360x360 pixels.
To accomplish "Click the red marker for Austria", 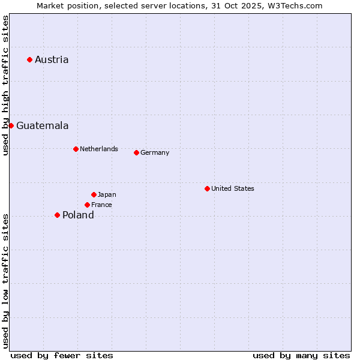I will (29, 59).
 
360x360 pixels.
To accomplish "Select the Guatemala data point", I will (11, 125).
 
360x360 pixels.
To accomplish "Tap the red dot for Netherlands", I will (76, 149).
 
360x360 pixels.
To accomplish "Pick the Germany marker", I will (136, 152).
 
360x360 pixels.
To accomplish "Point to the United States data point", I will (207, 188).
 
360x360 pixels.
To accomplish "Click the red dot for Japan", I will (94, 194).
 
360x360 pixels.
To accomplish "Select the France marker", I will (87, 205).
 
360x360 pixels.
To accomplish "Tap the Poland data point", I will (57, 215).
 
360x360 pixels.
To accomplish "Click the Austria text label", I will (52, 59).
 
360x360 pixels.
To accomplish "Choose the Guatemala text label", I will (42, 125).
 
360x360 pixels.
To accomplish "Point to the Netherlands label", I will (99, 149).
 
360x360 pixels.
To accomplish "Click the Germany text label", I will (155, 152).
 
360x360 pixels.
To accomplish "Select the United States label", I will (233, 188).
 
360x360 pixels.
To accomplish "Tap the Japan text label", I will (107, 194).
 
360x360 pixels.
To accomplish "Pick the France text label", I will (101, 205).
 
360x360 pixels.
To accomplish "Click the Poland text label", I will (78, 215).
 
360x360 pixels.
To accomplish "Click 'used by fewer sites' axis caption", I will (62, 355).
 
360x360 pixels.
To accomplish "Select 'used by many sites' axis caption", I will (301, 355).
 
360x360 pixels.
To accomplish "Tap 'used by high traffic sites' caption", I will (5, 85).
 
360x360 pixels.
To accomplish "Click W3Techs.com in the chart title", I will (295, 5).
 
